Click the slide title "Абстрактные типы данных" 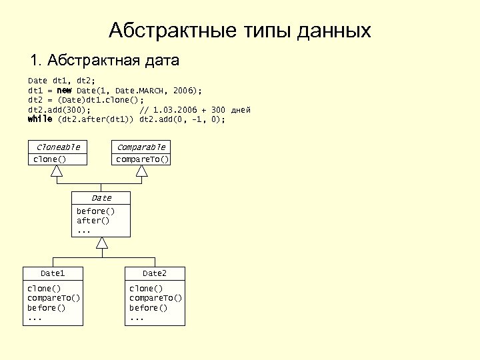[x=239, y=31]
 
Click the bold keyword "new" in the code [x=65, y=90]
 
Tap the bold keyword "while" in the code [x=40, y=119]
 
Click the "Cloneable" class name [x=59, y=147]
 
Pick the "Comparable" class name [x=141, y=147]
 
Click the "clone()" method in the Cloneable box [x=50, y=159]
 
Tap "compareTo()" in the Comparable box [x=141, y=159]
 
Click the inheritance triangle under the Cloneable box [x=57, y=172]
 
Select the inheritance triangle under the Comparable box [x=141, y=172]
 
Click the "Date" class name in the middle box [x=101, y=198]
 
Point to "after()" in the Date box [x=93, y=220]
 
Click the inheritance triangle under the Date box [x=101, y=243]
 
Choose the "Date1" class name [x=53, y=273]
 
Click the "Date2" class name [x=155, y=273]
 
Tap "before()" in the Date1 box [x=46, y=308]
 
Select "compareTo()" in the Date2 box [x=155, y=298]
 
